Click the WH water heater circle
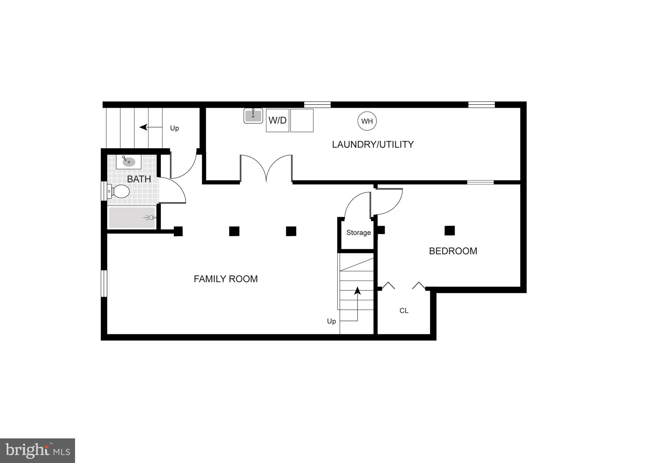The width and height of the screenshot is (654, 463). coord(367,121)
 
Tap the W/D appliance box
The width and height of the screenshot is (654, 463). coord(278,121)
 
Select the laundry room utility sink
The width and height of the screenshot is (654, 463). coord(253,115)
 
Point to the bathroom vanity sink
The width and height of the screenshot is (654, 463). coord(129,162)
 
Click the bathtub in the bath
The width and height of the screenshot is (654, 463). coord(132,217)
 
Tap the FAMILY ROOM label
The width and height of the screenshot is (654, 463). coord(225,279)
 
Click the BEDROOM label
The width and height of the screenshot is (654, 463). coord(453,251)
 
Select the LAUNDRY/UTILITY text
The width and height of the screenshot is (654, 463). coord(373,145)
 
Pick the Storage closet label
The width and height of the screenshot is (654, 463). coord(358,233)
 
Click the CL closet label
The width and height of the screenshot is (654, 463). coord(404,310)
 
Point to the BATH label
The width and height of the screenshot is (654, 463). coord(139,179)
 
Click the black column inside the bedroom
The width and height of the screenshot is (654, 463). coord(450,231)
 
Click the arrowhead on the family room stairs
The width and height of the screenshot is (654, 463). coord(357,290)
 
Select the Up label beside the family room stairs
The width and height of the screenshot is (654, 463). coord(331,321)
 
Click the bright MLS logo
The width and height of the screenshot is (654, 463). coord(38,451)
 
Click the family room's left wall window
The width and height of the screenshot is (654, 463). coord(104,284)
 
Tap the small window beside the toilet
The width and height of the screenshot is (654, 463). coord(104,191)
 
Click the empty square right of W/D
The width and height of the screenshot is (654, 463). coord(302,121)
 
